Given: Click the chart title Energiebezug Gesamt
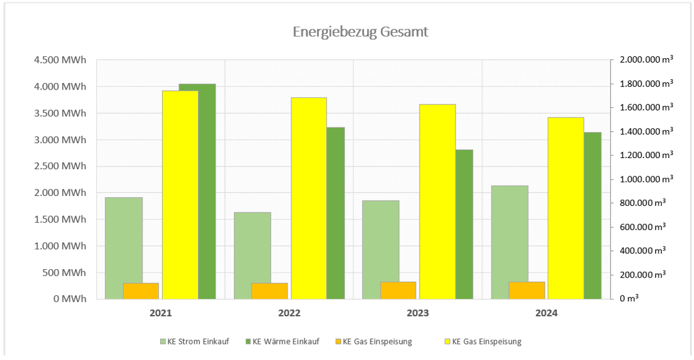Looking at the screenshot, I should coord(360,32).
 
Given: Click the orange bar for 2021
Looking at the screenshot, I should coord(141,291).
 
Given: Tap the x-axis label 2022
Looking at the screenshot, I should coord(289,314).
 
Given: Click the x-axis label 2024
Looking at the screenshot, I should coord(546,314).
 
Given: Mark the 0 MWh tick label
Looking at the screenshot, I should coord(69,299).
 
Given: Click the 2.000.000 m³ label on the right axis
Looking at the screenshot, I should coord(642,60).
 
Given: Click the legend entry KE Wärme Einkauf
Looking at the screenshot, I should coord(286,342).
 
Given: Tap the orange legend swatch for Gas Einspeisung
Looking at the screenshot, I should coord(337,342).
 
